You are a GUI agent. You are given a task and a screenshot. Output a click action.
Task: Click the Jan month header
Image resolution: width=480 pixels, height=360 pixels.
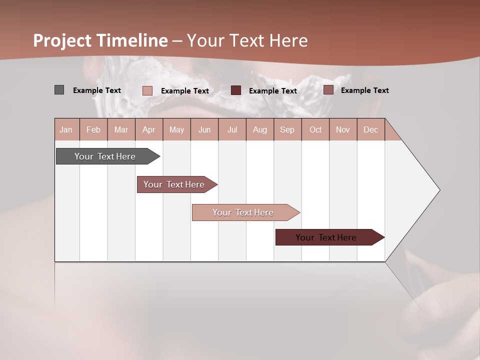click(66, 129)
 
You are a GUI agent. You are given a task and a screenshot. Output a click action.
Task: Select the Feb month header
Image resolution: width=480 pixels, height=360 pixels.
click(93, 129)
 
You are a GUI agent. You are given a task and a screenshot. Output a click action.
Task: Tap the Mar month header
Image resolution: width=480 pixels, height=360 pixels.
click(121, 129)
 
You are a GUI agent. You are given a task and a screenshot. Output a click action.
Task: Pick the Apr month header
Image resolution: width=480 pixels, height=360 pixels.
click(149, 129)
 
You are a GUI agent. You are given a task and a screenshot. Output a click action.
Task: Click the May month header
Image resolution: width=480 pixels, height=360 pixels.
click(176, 129)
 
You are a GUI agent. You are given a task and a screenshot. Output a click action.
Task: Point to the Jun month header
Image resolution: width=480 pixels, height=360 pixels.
click(204, 129)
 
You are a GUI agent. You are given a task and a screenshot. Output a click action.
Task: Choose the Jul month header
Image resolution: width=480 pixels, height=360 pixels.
click(232, 129)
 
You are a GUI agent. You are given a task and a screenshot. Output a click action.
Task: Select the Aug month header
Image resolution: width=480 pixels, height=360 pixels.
click(260, 129)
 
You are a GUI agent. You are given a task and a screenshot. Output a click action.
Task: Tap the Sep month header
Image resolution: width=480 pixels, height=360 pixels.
click(287, 129)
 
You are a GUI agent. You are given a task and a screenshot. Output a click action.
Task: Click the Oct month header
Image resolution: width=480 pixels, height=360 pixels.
click(315, 129)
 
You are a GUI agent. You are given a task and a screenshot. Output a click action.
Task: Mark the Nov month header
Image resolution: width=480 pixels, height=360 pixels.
click(343, 129)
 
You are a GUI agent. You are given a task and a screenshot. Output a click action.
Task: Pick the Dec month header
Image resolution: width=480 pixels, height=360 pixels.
click(371, 129)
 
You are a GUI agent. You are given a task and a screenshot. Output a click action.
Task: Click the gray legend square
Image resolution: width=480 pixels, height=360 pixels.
click(59, 90)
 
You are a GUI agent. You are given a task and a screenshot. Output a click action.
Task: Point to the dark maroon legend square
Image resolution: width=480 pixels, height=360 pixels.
click(236, 90)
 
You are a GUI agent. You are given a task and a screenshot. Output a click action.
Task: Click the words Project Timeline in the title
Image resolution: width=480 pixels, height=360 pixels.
click(100, 40)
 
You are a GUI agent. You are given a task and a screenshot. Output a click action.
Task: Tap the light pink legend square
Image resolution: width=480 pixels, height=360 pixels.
click(147, 90)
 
